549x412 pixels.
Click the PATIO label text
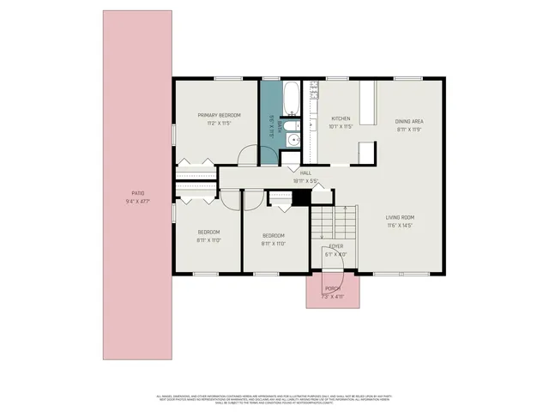137,193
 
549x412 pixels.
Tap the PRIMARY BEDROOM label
219,115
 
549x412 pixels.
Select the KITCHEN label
341,118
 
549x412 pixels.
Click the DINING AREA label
409,121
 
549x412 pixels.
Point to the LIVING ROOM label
400,217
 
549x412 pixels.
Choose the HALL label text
305,173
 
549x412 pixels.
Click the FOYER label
335,246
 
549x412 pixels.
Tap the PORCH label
333,289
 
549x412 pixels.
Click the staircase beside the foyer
333,222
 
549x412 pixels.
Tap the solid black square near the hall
299,197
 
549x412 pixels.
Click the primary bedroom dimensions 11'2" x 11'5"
219,124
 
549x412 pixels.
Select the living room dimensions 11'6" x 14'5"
400,226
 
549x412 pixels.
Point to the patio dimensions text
137,202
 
